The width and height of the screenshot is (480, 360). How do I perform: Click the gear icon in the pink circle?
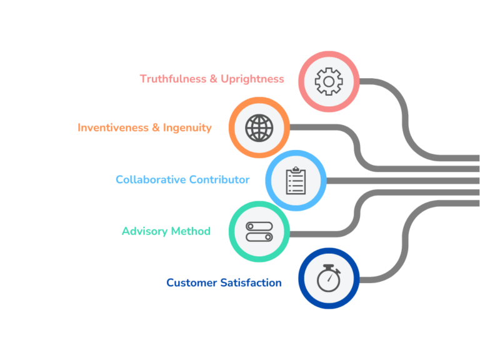click(x=328, y=82)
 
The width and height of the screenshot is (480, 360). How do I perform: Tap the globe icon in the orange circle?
click(x=259, y=127)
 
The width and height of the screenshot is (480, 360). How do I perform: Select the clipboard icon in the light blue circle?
click(x=296, y=181)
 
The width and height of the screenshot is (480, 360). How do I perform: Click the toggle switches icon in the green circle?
click(x=259, y=231)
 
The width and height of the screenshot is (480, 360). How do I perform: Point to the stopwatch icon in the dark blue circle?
click(x=328, y=279)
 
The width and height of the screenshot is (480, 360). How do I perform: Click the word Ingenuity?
click(x=187, y=128)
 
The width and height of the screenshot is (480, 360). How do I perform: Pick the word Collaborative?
click(x=150, y=180)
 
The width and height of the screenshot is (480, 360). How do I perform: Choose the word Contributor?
click(x=219, y=180)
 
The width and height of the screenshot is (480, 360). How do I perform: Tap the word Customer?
click(x=191, y=283)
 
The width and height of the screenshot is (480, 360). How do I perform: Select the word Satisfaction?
click(x=251, y=283)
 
